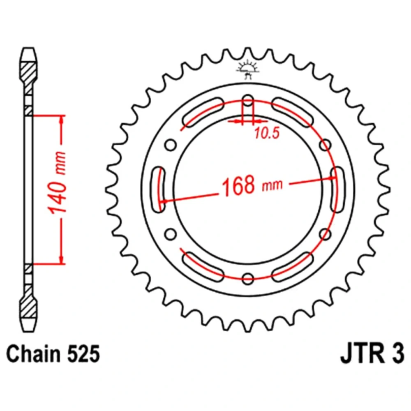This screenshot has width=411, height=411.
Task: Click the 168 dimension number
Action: [238, 185]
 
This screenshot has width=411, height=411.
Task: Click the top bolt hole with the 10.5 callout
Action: [248, 100]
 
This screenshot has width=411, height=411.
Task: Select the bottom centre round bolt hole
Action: [248, 279]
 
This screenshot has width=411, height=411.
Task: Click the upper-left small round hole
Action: [170, 145]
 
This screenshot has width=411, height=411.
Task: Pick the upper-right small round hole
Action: [326, 145]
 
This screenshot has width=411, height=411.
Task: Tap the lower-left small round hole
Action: [170, 234]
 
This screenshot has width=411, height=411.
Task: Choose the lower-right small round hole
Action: [326, 234]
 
